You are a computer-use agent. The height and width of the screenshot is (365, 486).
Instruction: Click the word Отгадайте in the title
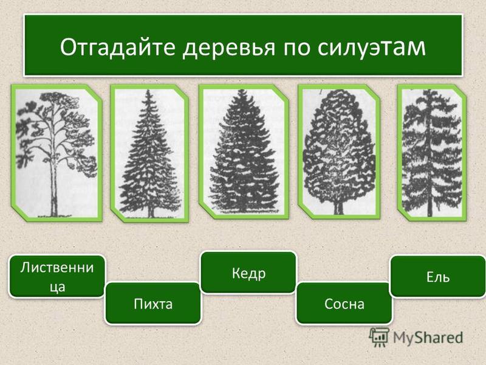coord(118,47)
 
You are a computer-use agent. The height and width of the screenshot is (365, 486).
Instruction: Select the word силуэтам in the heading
coord(372,47)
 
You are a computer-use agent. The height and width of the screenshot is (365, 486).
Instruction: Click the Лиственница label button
coord(57,276)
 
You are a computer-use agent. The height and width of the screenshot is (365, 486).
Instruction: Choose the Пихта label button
coord(153,303)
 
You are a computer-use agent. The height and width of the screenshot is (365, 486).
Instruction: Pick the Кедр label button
coord(248,273)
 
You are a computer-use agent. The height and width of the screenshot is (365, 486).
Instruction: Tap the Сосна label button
coord(344,303)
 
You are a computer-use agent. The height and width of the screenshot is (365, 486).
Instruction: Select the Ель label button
coord(438,276)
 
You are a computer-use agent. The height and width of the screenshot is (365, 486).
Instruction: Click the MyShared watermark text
coord(428,338)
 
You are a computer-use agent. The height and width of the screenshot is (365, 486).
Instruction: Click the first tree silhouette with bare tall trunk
coord(56,155)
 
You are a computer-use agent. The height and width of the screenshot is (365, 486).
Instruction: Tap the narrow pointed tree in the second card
coord(149,154)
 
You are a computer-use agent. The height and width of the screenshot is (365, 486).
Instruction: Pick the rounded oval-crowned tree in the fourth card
coord(338,151)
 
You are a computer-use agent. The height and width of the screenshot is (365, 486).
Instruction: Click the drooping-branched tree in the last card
coord(432,153)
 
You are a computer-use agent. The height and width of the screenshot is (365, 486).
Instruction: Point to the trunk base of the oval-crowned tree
coord(338,212)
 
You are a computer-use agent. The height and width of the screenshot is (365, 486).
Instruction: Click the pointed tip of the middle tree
coord(241,90)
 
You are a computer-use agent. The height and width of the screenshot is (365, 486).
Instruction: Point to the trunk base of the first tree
coord(54,214)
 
